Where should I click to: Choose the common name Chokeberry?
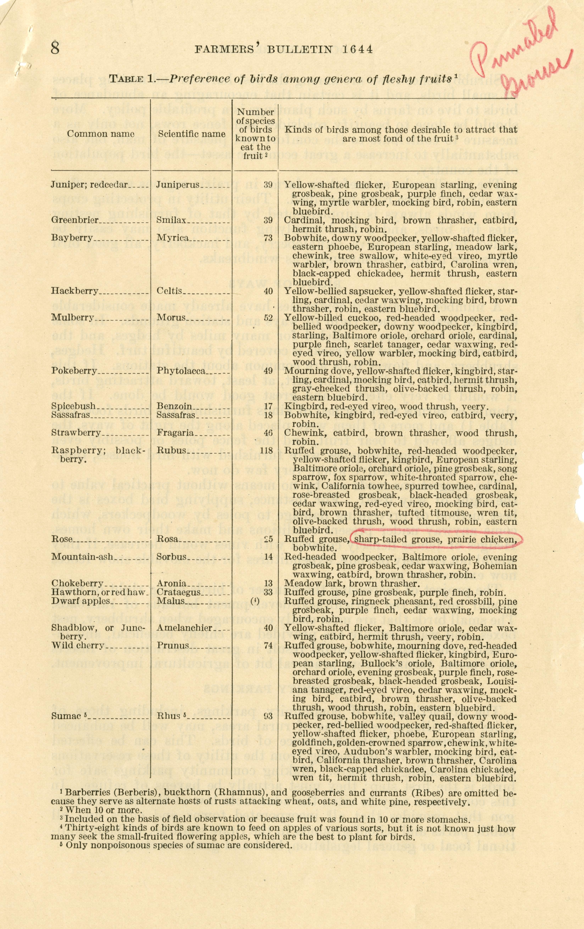click(x=77, y=583)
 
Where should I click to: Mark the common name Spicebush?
click(x=73, y=406)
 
